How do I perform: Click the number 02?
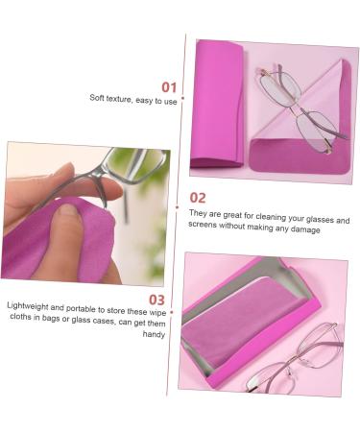(199, 198)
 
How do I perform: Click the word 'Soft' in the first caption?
(98, 98)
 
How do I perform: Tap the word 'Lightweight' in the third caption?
(29, 305)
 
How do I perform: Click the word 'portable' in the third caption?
(89, 305)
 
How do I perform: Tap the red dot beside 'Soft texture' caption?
(182, 98)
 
